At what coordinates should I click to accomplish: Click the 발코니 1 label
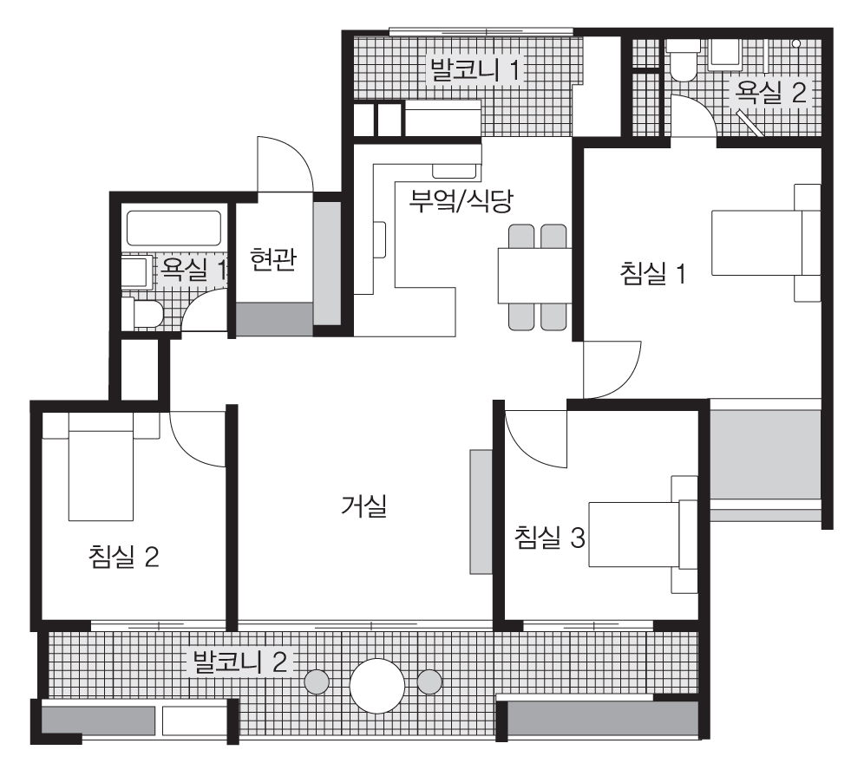pyautogui.click(x=475, y=70)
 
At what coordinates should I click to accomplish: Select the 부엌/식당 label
pyautogui.click(x=461, y=200)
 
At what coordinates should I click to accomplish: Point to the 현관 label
pyautogui.click(x=273, y=259)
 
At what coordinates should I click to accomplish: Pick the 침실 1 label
pyautogui.click(x=653, y=273)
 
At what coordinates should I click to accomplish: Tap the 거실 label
pyautogui.click(x=363, y=506)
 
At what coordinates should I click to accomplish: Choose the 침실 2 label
pyautogui.click(x=123, y=557)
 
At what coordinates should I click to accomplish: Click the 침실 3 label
pyautogui.click(x=550, y=538)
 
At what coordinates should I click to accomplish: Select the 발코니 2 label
pyautogui.click(x=240, y=662)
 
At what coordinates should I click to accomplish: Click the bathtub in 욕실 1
pyautogui.click(x=173, y=228)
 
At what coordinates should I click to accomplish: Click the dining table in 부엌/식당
pyautogui.click(x=534, y=276)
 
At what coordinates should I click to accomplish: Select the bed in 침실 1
pyautogui.click(x=766, y=243)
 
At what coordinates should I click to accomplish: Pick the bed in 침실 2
pyautogui.click(x=101, y=466)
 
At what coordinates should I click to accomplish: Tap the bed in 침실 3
pyautogui.click(x=643, y=535)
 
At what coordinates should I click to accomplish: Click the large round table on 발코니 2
pyautogui.click(x=377, y=686)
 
